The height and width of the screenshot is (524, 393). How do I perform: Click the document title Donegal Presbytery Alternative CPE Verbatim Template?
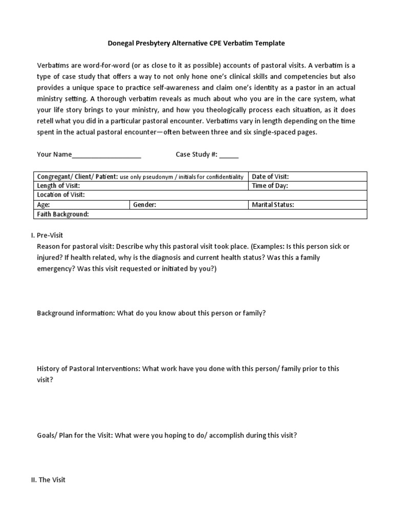click(x=196, y=43)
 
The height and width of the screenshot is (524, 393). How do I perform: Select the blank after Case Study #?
click(x=229, y=156)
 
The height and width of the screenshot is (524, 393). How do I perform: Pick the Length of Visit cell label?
click(x=58, y=186)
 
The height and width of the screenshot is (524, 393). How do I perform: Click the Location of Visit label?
click(x=61, y=195)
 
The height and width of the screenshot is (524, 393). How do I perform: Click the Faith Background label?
click(x=63, y=214)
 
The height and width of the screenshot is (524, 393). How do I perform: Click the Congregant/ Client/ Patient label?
click(x=77, y=177)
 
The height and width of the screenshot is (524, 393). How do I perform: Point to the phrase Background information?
click(x=76, y=313)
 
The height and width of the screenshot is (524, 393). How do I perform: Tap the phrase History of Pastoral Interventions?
click(x=88, y=368)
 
